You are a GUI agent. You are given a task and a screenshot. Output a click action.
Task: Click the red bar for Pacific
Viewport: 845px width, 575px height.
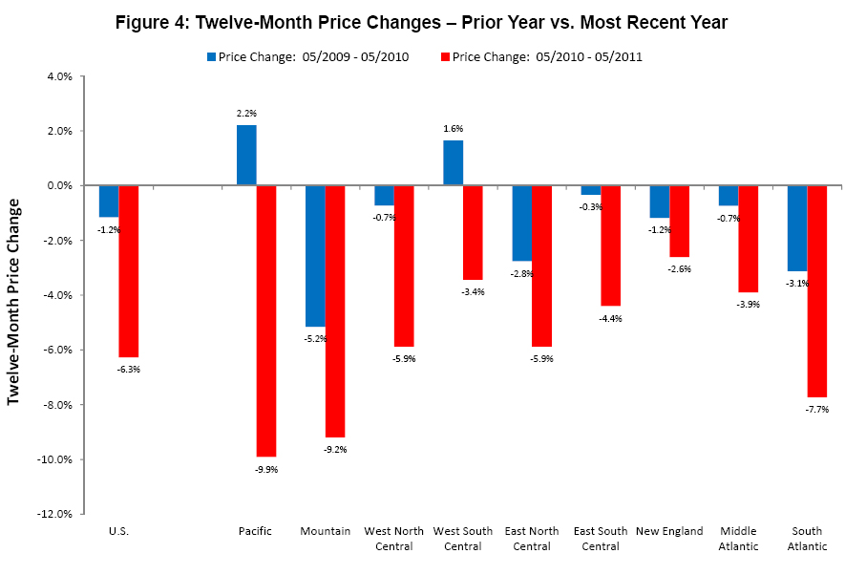(266, 320)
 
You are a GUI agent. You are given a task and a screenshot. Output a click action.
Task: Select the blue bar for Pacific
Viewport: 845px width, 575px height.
(246, 155)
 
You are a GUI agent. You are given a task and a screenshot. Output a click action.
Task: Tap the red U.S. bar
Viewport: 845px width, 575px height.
(129, 270)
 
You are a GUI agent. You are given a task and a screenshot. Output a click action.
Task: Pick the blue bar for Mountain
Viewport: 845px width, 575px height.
(315, 255)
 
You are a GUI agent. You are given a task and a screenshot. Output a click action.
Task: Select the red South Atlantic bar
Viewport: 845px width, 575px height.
(816, 290)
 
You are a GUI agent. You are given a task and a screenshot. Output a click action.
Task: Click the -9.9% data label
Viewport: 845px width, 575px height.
(266, 469)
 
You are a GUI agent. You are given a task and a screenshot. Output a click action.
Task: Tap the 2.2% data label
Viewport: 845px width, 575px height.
(246, 113)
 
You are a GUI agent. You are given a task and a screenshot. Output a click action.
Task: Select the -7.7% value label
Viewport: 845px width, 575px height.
(817, 409)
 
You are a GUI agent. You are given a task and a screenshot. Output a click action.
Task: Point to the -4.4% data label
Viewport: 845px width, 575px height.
(611, 318)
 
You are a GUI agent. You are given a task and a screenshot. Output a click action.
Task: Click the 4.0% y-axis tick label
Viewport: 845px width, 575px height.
(63, 76)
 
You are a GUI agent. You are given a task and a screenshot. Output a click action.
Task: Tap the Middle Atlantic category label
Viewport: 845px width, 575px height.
(739, 539)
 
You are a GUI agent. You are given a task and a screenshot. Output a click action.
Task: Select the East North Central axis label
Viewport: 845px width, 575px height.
(532, 539)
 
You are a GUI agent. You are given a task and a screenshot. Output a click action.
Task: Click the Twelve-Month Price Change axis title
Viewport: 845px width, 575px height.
(14, 301)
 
